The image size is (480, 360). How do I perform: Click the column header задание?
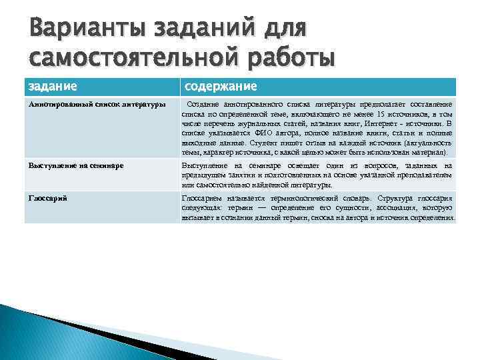pyautogui.click(x=53, y=87)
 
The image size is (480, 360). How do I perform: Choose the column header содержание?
pyautogui.click(x=221, y=87)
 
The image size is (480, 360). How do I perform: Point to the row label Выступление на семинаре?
pyautogui.click(x=75, y=165)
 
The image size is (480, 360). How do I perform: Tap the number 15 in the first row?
pyautogui.click(x=380, y=114)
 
